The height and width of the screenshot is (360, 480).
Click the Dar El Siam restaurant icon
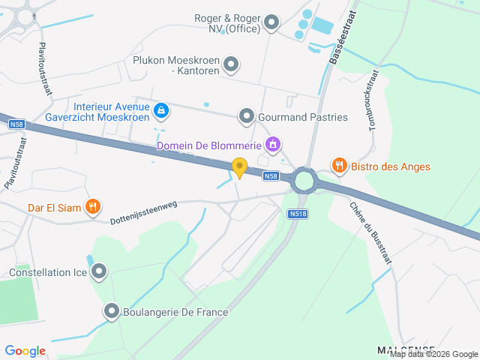point(93,206)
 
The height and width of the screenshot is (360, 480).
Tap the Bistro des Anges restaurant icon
point(339,166)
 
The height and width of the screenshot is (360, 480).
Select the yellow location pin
point(239,167)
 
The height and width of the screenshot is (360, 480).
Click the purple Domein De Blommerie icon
point(273,143)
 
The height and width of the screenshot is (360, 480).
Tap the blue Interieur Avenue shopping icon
point(160,112)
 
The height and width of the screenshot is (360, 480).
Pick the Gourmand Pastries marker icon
point(246,116)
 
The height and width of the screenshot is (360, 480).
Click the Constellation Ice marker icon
point(99,271)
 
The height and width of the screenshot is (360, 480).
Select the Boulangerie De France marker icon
point(112,310)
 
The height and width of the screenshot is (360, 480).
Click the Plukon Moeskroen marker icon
point(231,64)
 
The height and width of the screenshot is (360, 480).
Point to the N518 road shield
point(297,214)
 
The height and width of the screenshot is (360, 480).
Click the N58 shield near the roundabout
point(271,176)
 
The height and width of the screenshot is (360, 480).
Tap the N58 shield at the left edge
point(16,124)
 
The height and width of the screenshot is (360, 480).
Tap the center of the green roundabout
point(304,180)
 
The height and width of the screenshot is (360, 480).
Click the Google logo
point(25,350)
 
